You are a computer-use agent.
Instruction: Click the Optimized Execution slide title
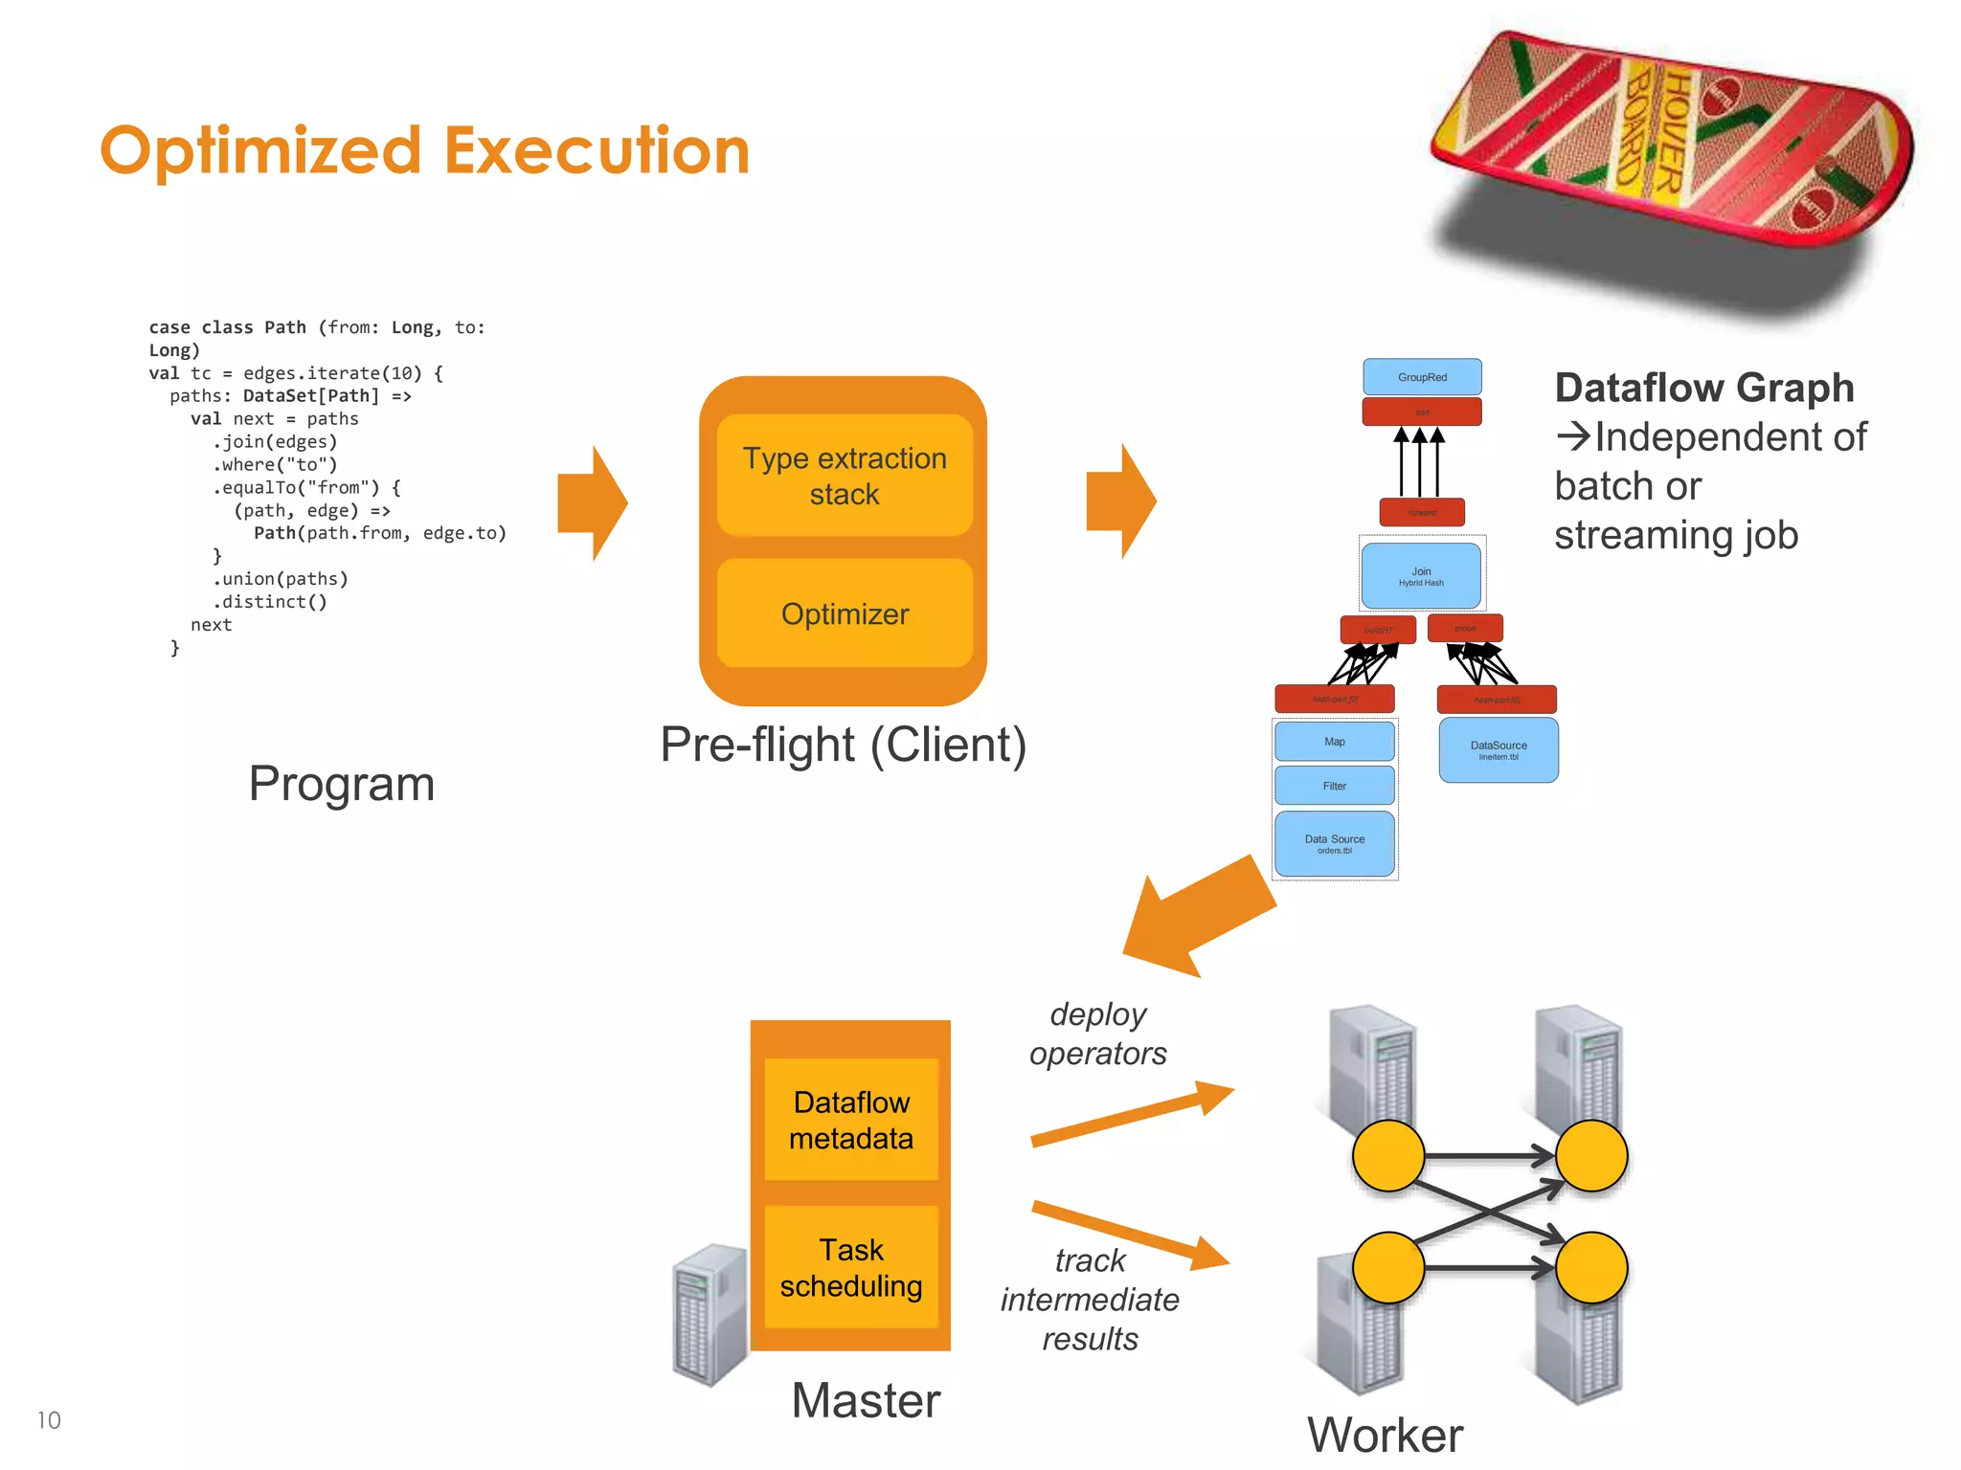[x=424, y=151]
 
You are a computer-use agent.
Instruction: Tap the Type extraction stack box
[x=845, y=476]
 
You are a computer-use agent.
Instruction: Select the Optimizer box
[x=845, y=613]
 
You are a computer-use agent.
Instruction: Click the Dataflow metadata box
[x=851, y=1120]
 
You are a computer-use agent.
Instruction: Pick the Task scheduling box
[x=851, y=1267]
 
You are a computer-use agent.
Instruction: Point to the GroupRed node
[x=1422, y=377]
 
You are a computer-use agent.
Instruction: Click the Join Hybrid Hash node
[x=1421, y=576]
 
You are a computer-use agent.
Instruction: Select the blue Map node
[x=1334, y=742]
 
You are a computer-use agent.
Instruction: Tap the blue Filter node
[x=1334, y=786]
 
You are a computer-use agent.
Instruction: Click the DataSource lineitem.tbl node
[x=1499, y=750]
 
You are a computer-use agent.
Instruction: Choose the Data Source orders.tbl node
[x=1334, y=843]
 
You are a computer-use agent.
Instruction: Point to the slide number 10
[x=49, y=1420]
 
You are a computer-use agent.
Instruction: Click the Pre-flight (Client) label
[x=843, y=745]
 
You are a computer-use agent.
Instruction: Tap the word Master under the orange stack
[x=866, y=1400]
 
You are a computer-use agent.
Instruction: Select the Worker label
[x=1385, y=1435]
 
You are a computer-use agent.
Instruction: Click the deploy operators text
[x=1097, y=1034]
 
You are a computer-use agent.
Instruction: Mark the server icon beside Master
[x=710, y=1313]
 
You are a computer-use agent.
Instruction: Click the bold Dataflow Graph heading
[x=1704, y=388]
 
